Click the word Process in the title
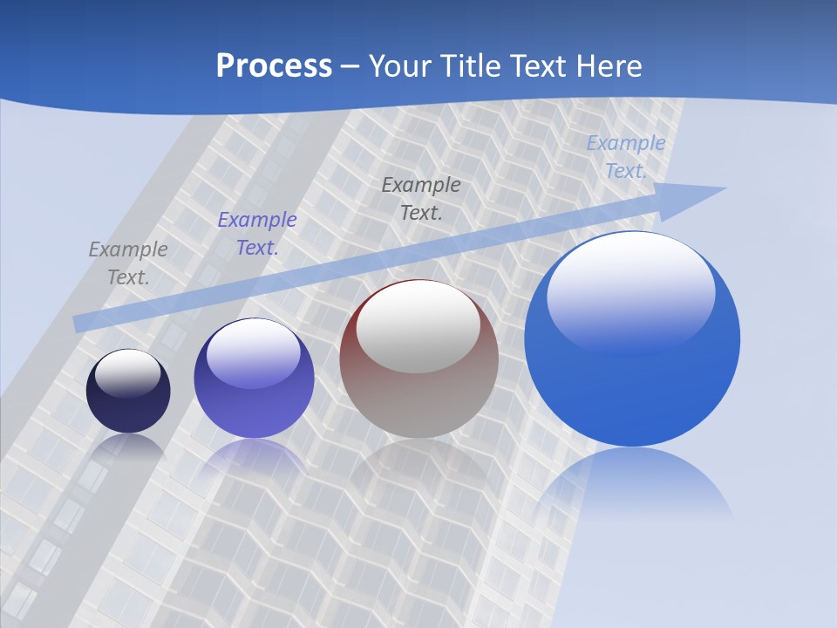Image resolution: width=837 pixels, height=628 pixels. [274, 66]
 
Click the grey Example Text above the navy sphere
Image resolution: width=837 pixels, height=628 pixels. [128, 263]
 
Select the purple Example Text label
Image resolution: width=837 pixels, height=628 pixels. [257, 234]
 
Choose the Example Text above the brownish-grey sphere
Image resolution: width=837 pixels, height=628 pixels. [421, 198]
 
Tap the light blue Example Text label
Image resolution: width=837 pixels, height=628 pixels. [626, 157]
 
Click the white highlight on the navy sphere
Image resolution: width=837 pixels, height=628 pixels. [128, 372]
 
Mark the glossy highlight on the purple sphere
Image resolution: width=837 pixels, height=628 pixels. [254, 353]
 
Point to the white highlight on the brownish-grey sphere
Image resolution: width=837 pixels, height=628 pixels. [418, 327]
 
